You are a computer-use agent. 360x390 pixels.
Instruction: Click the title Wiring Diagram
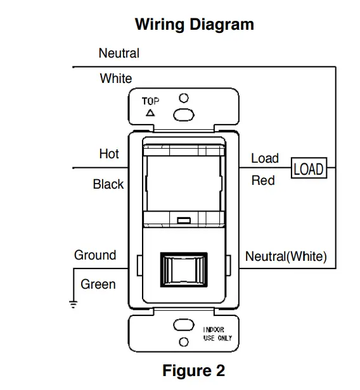[x=194, y=25]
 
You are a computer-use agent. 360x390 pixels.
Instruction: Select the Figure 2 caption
[x=193, y=370]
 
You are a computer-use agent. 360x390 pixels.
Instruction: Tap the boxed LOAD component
[x=309, y=169]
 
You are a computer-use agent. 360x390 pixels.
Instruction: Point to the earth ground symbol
[x=74, y=305]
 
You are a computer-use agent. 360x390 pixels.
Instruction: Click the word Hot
[x=109, y=154]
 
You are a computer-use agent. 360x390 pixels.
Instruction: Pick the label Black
[x=108, y=185]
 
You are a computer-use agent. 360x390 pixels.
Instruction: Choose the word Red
[x=263, y=181]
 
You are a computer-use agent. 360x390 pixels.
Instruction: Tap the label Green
[x=98, y=284]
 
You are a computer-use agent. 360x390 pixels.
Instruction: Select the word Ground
[x=95, y=255]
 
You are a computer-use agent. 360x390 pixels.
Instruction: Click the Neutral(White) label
[x=286, y=256]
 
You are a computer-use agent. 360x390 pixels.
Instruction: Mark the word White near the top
[x=116, y=79]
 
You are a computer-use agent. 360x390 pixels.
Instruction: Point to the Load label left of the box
[x=265, y=158]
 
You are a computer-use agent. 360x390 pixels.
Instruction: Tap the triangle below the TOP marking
[x=150, y=113]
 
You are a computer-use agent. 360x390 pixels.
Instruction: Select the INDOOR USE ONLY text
[x=217, y=334]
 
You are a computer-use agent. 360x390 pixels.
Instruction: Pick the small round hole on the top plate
[x=184, y=99]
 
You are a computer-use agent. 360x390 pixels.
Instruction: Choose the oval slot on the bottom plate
[x=184, y=325]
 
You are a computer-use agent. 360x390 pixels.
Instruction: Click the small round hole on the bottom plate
[x=184, y=342]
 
